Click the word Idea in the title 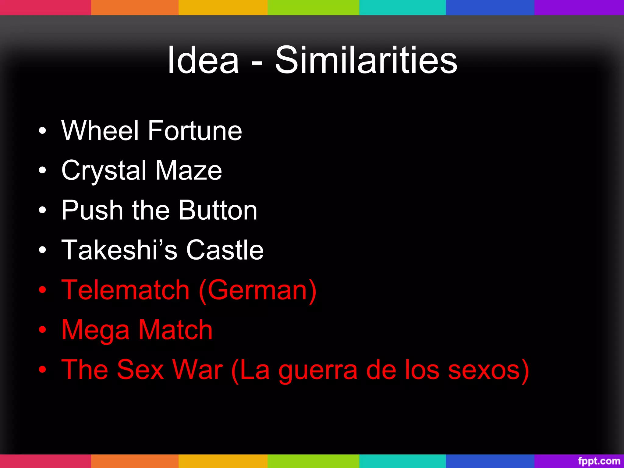pos(203,60)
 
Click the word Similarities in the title pos(366,60)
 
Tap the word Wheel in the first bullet pos(100,131)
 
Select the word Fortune pos(195,131)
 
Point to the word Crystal pos(104,171)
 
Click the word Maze pos(189,171)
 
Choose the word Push pos(92,210)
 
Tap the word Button pos(218,210)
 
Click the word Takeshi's pos(119,250)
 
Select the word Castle pos(225,250)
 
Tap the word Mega pos(95,330)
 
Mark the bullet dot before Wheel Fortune pos(42,131)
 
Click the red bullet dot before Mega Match pos(42,330)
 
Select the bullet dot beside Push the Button pos(42,210)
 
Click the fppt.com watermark pos(599,461)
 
